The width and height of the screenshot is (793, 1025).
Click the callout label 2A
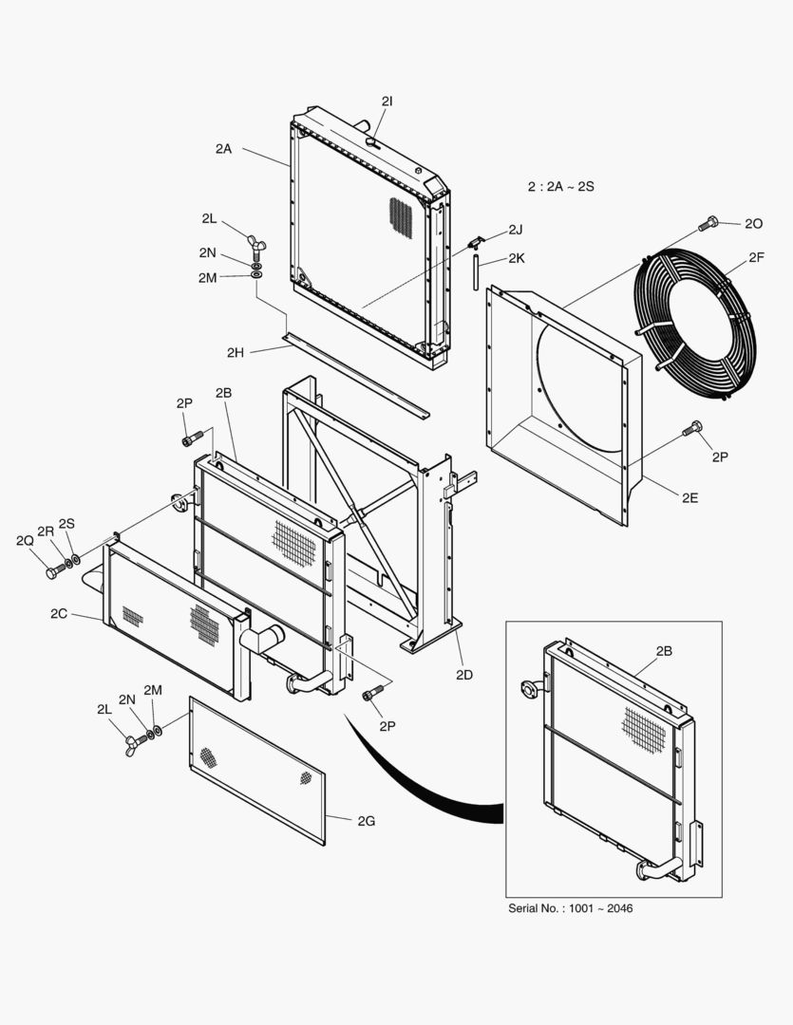coord(223,149)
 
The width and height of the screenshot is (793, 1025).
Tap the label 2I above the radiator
coord(387,101)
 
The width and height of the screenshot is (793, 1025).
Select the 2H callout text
coord(236,353)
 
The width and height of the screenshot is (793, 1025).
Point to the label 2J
coord(515,230)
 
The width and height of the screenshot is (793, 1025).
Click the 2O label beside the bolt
coord(753,224)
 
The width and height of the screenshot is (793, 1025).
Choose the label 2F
coord(756,257)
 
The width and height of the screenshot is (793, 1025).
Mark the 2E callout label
coord(689,496)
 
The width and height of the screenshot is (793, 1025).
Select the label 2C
coord(59,614)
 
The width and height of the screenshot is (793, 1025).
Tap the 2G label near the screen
coord(366,821)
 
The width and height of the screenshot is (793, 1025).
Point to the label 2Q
coord(25,540)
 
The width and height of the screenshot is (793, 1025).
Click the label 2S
coord(66,523)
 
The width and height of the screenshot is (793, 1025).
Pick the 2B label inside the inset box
coord(664,651)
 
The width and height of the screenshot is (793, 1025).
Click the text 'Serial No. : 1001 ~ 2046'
coord(571,908)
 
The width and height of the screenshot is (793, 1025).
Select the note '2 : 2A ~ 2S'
coord(560,187)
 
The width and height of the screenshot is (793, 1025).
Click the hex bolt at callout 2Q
coord(54,571)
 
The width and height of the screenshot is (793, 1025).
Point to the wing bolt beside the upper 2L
coord(253,243)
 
